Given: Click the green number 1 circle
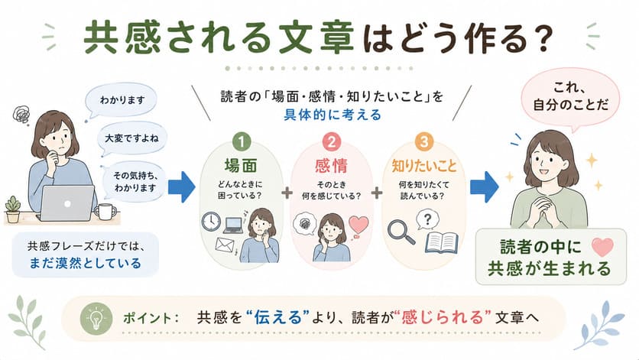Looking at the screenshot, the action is coord(241,142).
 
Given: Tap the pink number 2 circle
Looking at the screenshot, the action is coord(332,142).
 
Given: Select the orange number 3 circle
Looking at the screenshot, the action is coord(423,141).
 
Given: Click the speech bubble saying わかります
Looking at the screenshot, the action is coord(121,100).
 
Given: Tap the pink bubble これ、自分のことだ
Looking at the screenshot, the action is coord(570,97).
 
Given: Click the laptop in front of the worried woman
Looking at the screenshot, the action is coord(66,203).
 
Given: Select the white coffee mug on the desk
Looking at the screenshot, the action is coord(105,211).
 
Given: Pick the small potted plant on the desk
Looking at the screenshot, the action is coord(13,209).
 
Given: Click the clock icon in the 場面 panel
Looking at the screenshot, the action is coord(211,222).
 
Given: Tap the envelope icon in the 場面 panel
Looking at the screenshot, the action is coord(225,245).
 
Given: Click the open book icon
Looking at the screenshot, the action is coord(441,243).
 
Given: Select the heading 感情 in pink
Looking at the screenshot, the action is coord(331,166).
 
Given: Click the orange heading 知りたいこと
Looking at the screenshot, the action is coord(423,166).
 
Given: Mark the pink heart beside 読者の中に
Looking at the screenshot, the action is coord(602,247).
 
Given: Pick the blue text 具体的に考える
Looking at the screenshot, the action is coord(332,115).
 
